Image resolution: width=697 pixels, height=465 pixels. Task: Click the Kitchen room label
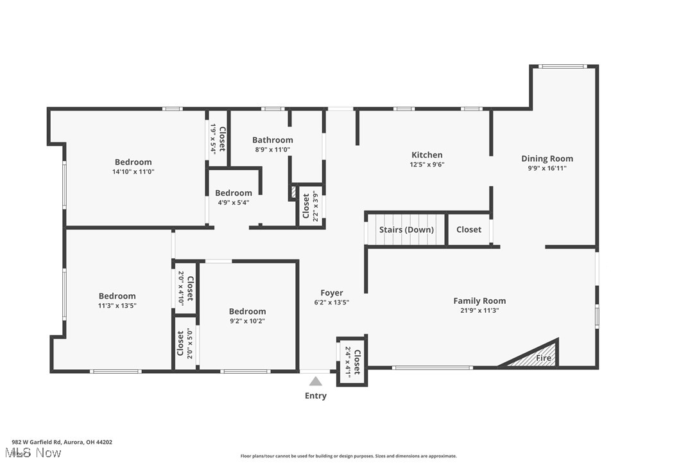(x=427, y=155)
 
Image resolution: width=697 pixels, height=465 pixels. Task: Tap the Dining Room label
(x=547, y=159)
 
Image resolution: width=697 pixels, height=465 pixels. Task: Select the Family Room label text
(x=479, y=301)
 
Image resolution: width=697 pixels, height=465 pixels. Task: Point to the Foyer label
(x=332, y=293)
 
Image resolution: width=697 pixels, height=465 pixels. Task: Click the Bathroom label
(x=272, y=140)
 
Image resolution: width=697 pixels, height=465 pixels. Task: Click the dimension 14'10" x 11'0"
(x=133, y=171)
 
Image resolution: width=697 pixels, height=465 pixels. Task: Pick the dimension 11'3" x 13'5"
(x=117, y=306)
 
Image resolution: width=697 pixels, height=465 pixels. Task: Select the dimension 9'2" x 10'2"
(x=247, y=321)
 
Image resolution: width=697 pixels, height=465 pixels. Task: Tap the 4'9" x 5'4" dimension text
(x=234, y=202)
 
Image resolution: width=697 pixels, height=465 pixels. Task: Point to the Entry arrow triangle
(x=315, y=382)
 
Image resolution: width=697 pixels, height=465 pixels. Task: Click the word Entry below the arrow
(x=315, y=396)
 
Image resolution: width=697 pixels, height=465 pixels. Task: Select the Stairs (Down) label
(x=406, y=230)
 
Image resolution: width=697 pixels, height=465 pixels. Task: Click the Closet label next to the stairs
(x=469, y=230)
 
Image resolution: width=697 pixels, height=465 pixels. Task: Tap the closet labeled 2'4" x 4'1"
(x=352, y=362)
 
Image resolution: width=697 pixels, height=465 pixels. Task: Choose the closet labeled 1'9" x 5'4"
(x=218, y=137)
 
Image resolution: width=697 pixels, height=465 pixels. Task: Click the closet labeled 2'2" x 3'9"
(x=310, y=207)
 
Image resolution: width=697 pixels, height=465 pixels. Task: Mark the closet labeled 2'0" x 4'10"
(x=185, y=288)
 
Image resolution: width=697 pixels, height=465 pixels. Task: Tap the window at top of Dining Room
(x=562, y=66)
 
